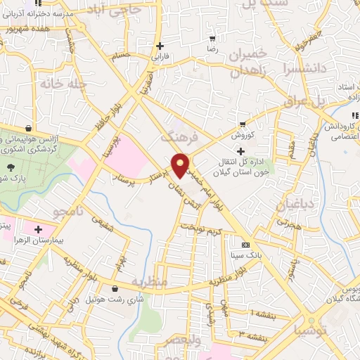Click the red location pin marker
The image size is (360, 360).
[181, 166]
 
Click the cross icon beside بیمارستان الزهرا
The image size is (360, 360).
[37, 229]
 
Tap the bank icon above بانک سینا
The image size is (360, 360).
[245, 245]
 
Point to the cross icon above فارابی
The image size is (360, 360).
[160, 45]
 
